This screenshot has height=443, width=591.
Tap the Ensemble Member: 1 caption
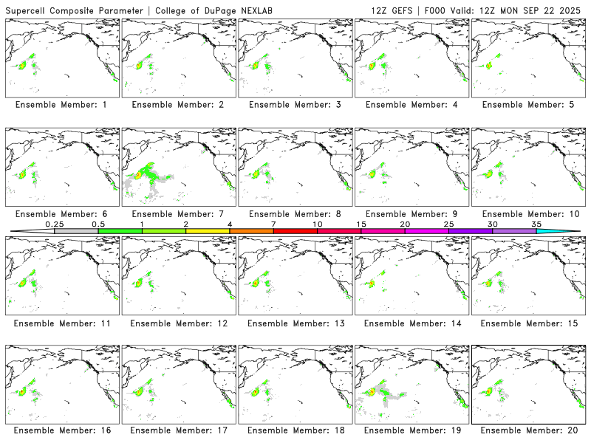point(61,105)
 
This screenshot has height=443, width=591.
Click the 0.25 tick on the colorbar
point(54,224)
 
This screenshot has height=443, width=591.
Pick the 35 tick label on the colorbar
point(536,224)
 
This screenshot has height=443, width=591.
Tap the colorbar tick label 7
point(273,224)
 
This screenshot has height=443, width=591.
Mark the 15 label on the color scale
point(361,224)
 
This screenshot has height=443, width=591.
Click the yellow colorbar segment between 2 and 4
point(208,231)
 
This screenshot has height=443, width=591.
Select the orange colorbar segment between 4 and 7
point(251,231)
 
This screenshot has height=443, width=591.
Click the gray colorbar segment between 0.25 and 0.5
point(76,231)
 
